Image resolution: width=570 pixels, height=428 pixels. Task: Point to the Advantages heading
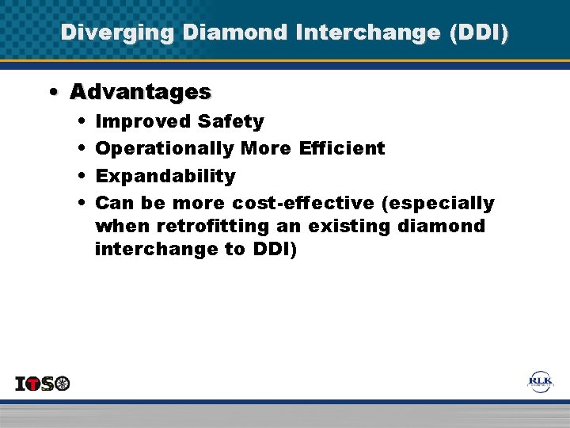pos(140,93)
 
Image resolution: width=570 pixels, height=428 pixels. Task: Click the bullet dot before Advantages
pos(51,93)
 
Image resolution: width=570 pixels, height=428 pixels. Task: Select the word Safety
pos(230,121)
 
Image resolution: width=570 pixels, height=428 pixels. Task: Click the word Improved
pos(143,121)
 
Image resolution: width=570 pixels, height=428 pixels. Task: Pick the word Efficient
pos(342,148)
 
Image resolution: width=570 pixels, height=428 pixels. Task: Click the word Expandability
pos(165,176)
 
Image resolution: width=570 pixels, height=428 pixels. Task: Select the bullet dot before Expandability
pos(83,176)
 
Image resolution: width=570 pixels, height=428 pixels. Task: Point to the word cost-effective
pos(303,203)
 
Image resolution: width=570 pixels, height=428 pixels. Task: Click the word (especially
pos(438,203)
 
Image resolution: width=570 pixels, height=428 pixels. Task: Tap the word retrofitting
pos(213,226)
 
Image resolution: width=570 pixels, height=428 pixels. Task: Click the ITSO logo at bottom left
pos(43,384)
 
